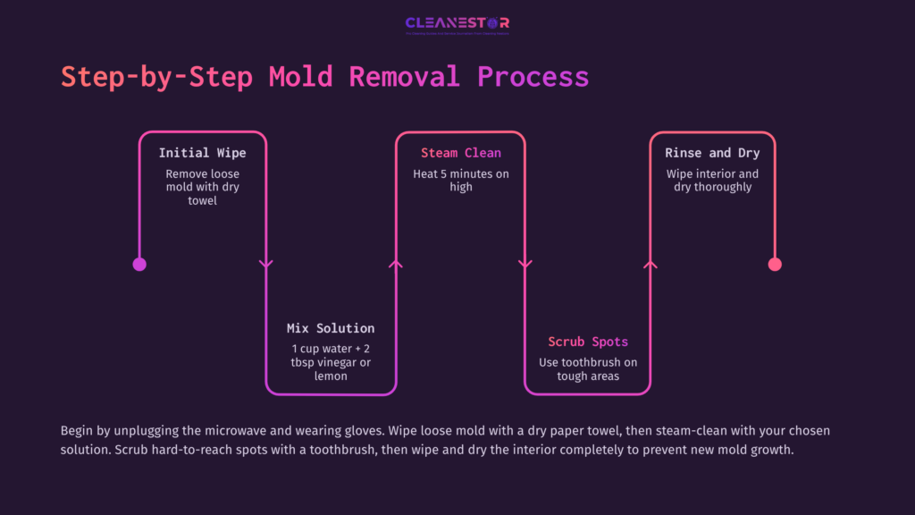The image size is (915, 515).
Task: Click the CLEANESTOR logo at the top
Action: click(x=457, y=24)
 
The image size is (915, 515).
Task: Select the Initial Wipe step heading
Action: click(x=202, y=153)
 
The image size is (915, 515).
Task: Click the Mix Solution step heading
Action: click(x=331, y=328)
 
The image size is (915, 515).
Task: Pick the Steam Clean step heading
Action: click(x=461, y=153)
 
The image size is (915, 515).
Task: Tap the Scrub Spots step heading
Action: click(x=588, y=342)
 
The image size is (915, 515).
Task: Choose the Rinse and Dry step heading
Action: click(x=712, y=153)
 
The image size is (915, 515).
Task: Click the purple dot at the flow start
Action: click(x=139, y=264)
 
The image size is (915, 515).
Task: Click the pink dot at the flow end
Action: click(x=775, y=264)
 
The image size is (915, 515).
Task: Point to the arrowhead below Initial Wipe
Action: click(x=265, y=264)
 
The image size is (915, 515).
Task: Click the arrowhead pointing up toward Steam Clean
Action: click(x=396, y=264)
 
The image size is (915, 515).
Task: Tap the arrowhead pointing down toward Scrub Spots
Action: click(x=525, y=264)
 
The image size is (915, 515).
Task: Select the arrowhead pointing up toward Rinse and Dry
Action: click(x=651, y=264)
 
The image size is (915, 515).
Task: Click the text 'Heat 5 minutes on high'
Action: click(x=461, y=181)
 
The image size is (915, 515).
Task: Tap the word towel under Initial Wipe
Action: click(x=203, y=201)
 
